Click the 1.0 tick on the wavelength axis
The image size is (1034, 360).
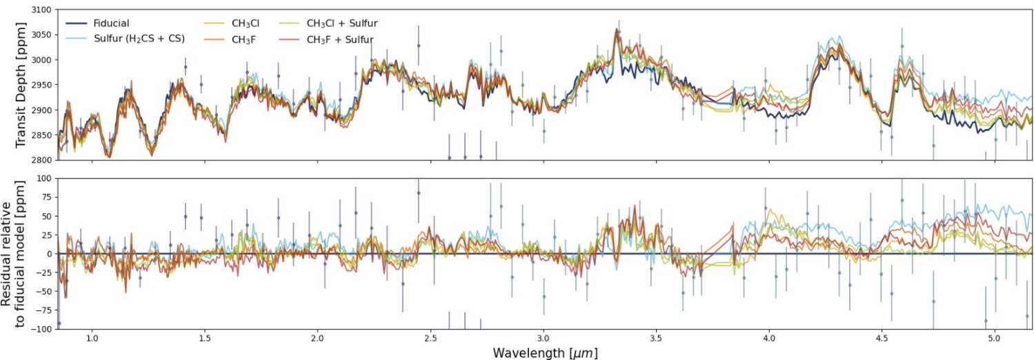coord(91,339)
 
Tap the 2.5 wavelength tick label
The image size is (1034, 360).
coord(430,339)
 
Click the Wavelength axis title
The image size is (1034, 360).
coord(545,352)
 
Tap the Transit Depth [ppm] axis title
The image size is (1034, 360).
coord(21,85)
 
